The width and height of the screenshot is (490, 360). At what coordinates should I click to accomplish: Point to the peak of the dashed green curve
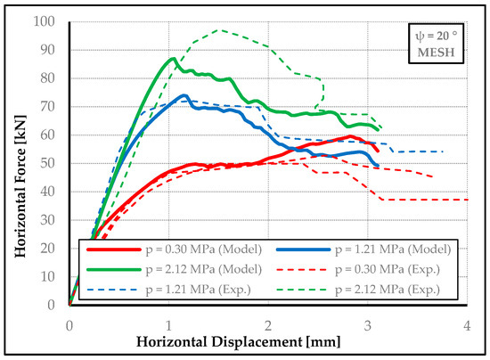click(x=218, y=30)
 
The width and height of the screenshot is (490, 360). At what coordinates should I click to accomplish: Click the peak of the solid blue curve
click(x=184, y=94)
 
